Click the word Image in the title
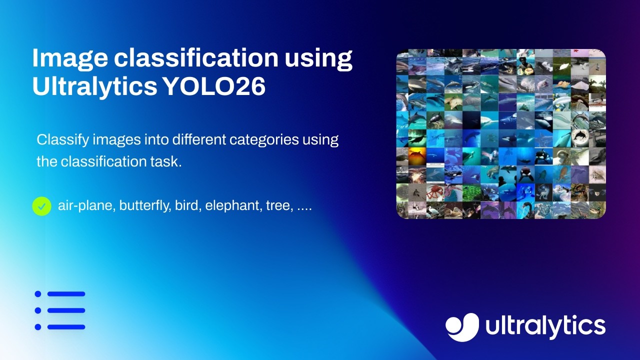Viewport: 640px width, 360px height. pos(68,59)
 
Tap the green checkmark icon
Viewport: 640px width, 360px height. pos(42,205)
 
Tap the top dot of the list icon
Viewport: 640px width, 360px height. pos(38,294)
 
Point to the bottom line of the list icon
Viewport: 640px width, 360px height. pos(66,327)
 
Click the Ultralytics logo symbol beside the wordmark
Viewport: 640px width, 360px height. pos(462,327)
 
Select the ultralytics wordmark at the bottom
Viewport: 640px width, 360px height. pos(545,327)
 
